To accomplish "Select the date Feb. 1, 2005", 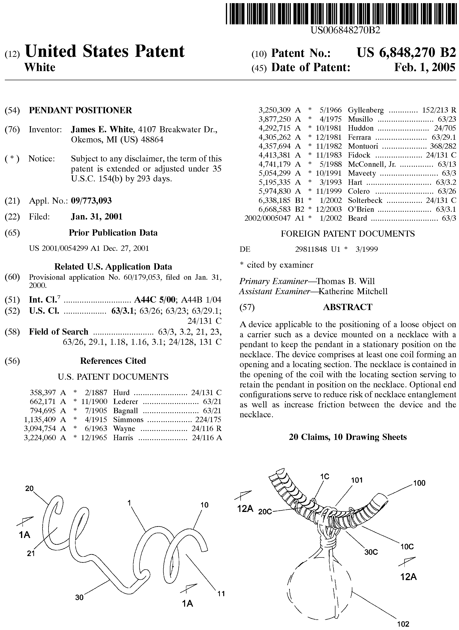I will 425,67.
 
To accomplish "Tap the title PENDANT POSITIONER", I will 80,110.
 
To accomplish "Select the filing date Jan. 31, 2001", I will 97,217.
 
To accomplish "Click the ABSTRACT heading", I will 348,307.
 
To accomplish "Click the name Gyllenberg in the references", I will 366,110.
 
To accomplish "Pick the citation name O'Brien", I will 361,209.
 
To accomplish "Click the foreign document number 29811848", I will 311,249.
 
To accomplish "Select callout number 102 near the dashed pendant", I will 403,624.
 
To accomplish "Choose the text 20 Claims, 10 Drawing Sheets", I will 348,437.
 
